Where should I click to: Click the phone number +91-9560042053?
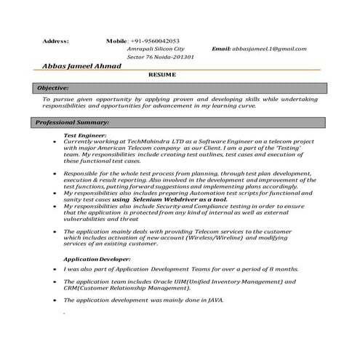tap(156, 41)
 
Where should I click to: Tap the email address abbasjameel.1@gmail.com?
tap(269, 49)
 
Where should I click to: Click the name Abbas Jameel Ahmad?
tap(81, 66)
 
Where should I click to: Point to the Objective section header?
tap(52, 87)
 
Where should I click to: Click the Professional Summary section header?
tap(73, 122)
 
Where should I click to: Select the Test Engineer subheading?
tap(85, 135)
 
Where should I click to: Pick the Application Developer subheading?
tap(97, 259)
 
